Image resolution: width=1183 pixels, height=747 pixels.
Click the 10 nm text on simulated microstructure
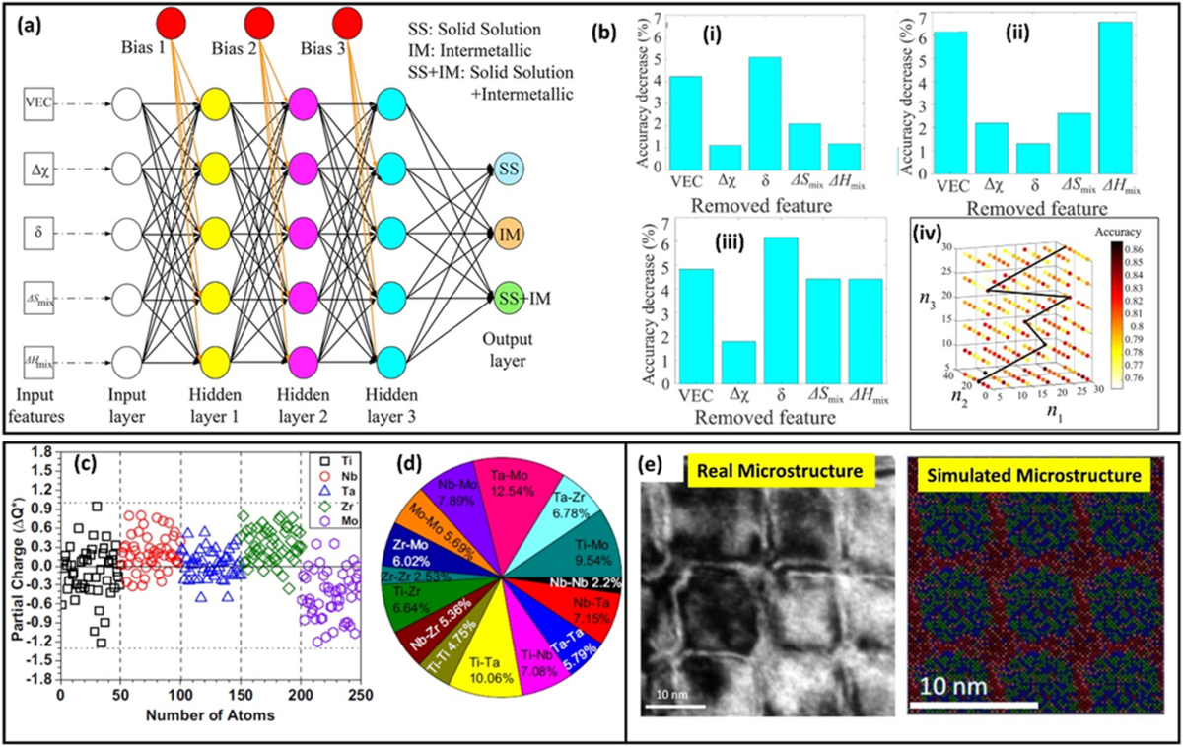coord(971,682)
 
